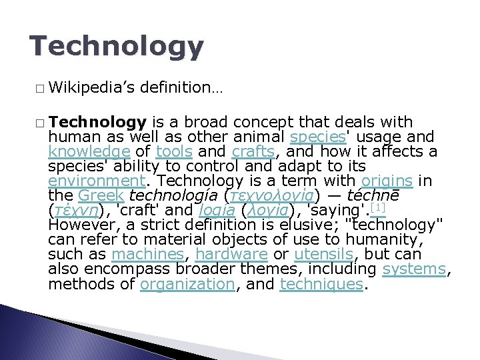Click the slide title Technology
pyautogui.click(x=117, y=47)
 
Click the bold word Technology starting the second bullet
pyautogui.click(x=97, y=122)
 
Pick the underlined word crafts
pyautogui.click(x=253, y=151)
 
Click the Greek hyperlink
pyautogui.click(x=101, y=195)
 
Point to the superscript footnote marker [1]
pyautogui.click(x=378, y=208)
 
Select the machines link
pyautogui.click(x=147, y=254)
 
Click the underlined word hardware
pyautogui.click(x=232, y=254)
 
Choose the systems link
pyautogui.click(x=413, y=269)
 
